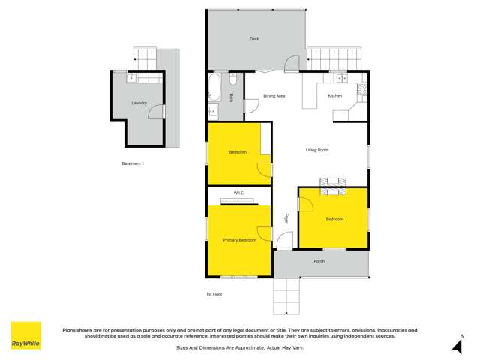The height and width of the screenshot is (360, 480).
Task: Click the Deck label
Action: point(255,39)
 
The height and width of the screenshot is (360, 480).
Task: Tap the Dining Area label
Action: point(274,96)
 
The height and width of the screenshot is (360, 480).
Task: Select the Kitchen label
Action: point(334,96)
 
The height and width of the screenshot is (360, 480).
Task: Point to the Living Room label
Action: point(317,150)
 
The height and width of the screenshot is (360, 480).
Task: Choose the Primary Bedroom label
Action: point(239,240)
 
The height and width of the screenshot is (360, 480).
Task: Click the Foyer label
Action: point(286,220)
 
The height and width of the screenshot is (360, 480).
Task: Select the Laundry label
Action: point(139,103)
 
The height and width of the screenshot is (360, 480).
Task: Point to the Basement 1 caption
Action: point(132,163)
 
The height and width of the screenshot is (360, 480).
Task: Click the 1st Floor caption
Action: point(214,294)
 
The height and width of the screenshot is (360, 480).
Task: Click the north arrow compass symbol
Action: point(456,344)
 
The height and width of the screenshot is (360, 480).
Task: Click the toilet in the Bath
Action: point(233,77)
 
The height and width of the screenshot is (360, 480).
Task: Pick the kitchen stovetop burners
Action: point(362,92)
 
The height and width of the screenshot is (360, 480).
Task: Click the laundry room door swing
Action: point(155,112)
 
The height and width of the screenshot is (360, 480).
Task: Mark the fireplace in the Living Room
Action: point(334,183)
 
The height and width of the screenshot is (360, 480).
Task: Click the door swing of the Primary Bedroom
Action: point(263,233)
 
